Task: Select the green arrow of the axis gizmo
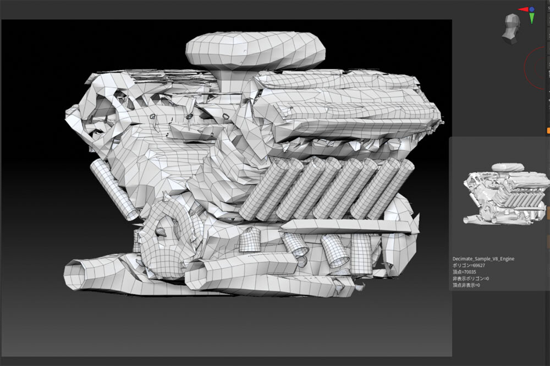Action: tap(532, 18)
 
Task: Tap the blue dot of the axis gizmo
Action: tap(532, 9)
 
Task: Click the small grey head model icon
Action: tap(511, 29)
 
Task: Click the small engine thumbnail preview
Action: tap(505, 193)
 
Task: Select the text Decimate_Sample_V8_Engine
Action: tap(483, 259)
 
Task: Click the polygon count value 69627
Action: tap(479, 265)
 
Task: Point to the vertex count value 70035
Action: tap(470, 272)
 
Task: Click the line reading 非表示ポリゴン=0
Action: tap(470, 279)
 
